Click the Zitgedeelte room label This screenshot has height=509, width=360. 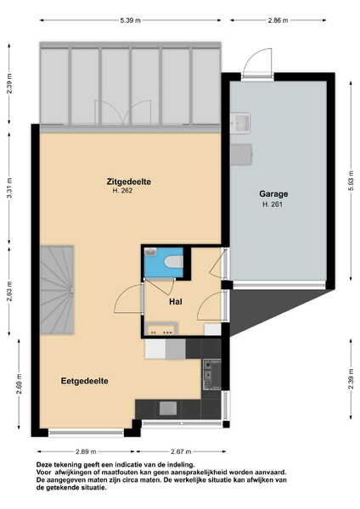129,182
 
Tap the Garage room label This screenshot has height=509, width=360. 273,193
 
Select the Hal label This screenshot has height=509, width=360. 176,302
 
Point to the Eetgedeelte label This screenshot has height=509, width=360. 84,381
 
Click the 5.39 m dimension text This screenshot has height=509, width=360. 130,20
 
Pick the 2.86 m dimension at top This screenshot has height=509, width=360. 278,20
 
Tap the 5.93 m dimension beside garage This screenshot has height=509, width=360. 351,181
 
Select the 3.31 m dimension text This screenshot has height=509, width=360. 9,188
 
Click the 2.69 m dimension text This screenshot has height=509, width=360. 20,383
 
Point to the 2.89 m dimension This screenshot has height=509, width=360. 86,451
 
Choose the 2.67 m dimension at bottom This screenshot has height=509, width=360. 181,451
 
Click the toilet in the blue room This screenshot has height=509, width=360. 174,262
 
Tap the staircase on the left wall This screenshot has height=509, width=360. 57,290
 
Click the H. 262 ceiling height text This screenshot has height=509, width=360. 122,191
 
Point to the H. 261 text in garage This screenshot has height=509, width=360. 273,204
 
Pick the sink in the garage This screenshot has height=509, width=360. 240,123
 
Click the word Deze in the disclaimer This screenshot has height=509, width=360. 43,465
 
